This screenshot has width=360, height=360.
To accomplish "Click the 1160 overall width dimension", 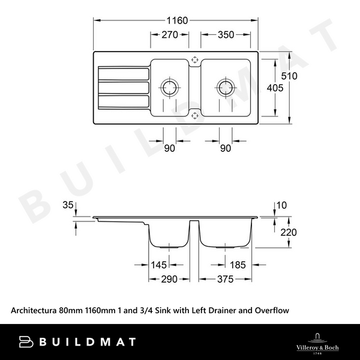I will point(176,20).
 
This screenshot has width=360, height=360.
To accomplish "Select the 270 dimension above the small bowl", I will point(170,35).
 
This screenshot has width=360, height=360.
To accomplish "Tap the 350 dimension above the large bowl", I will point(226,35).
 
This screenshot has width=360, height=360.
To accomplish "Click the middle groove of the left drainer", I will point(123,87).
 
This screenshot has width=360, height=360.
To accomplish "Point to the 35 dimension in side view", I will point(67,206).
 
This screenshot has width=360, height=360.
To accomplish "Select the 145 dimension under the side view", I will point(159,264).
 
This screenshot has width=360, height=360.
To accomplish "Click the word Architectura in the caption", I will point(33,310).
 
